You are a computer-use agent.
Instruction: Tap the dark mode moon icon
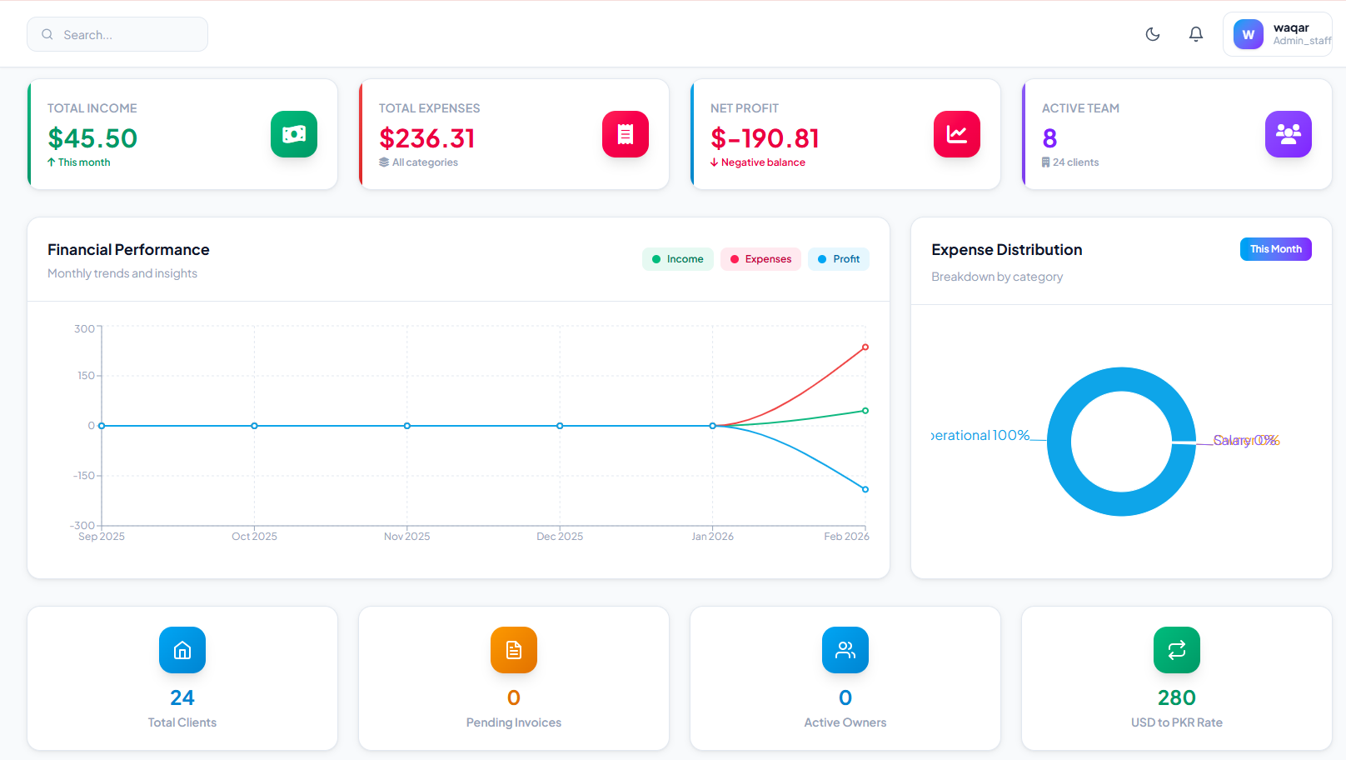1153,34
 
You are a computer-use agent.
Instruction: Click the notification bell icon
1196,34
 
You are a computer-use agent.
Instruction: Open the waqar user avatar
1248,35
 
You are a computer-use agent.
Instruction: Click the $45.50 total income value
92,138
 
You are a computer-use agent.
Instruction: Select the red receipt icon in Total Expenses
626,134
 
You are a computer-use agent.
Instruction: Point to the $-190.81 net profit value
765,138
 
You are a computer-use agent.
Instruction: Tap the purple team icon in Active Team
1289,134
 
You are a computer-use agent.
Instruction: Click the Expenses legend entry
760,259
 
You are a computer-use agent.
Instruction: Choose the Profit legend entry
839,259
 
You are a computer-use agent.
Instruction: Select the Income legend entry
678,259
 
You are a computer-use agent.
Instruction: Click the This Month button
1275,249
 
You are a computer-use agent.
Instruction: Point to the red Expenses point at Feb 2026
865,347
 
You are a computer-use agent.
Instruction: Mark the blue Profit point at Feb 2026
865,489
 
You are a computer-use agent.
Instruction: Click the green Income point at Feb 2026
865,411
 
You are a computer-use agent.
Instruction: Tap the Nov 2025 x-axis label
406,537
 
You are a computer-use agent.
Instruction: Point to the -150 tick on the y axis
84,476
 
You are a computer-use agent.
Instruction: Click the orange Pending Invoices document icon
514,650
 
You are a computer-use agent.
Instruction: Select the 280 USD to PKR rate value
1176,697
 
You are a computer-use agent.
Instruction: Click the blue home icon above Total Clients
182,650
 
